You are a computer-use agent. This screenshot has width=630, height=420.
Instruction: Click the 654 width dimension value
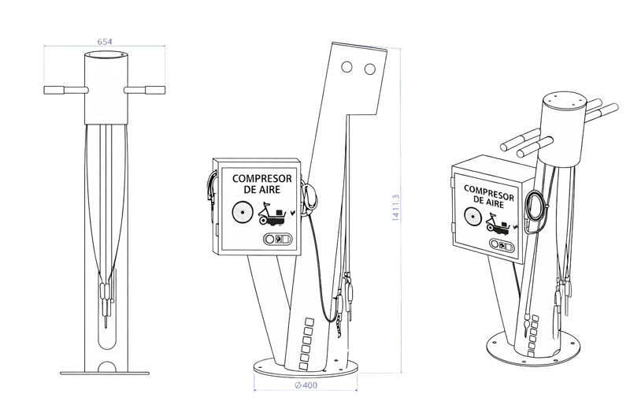104,40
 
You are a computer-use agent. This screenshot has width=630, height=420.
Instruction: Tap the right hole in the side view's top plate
369,70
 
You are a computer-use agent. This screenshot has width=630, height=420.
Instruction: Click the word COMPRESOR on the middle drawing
261,179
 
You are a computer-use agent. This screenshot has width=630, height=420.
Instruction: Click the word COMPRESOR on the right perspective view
488,191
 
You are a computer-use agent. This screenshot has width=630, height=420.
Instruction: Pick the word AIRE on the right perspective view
498,203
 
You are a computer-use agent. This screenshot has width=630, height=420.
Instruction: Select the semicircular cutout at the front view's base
107,367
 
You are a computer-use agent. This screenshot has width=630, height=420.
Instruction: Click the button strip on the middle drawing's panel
279,238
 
